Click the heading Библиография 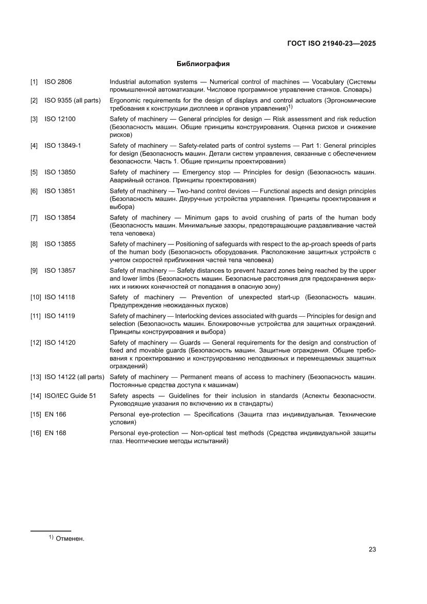203,64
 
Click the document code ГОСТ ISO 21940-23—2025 331,43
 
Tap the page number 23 372,549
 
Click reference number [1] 34,82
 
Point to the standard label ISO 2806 58,82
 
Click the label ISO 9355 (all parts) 72,100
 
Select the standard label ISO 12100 60,119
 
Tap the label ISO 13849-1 62,146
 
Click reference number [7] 34,218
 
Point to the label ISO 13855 60,244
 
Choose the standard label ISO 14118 60,297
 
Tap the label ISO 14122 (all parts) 74,377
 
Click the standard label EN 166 55,414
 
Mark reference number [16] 36,433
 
